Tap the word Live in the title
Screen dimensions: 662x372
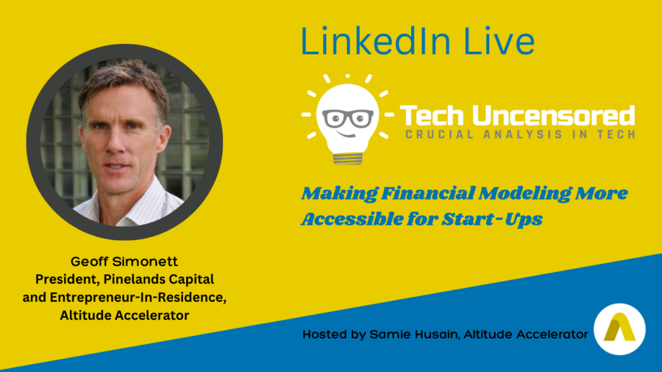pos(499,41)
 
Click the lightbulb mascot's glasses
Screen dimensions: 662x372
pos(348,119)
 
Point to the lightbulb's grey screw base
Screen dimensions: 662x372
pos(347,159)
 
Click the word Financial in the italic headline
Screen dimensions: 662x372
pos(428,193)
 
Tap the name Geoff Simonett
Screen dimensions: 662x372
pos(124,262)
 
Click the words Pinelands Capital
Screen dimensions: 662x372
pos(159,280)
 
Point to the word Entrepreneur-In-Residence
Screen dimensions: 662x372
pos(138,297)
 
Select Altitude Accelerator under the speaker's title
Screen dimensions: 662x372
pos(125,315)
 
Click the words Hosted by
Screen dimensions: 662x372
pos(334,335)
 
